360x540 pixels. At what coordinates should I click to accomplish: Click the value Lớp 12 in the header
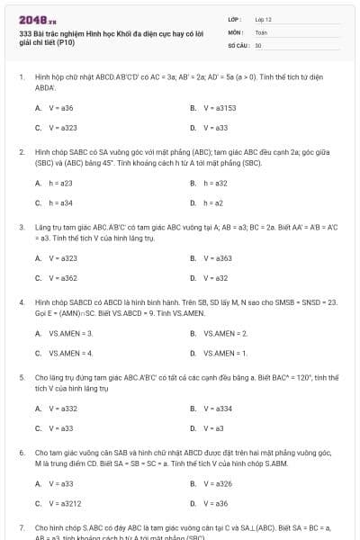[x=264, y=18]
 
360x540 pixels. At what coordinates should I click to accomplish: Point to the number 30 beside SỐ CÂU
[x=258, y=44]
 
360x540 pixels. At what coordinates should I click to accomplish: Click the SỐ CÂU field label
[x=237, y=44]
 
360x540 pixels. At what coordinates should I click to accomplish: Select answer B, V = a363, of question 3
[x=215, y=258]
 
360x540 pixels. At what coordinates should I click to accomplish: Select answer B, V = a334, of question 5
[x=215, y=409]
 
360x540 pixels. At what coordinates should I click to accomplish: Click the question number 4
[x=22, y=302]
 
